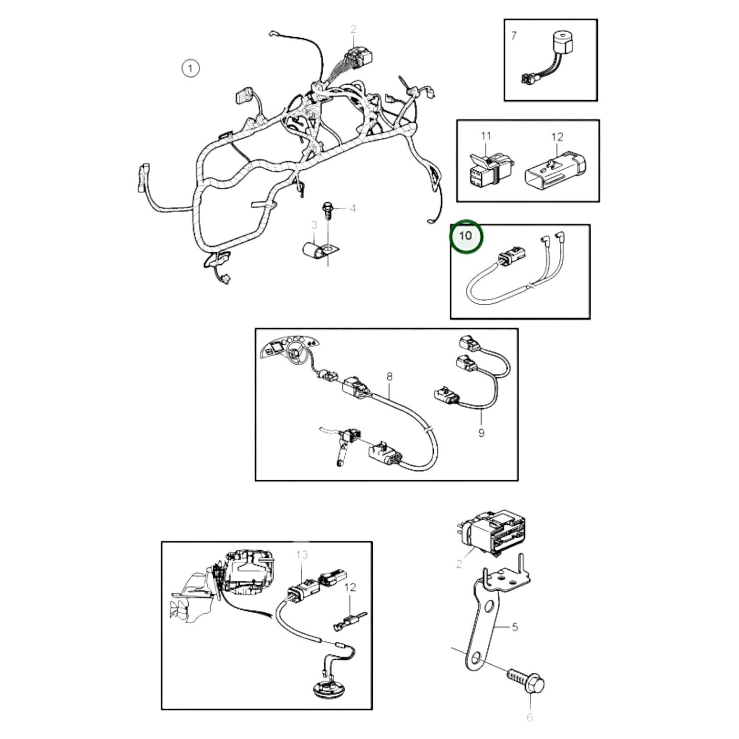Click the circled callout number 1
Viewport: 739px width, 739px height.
click(x=190, y=68)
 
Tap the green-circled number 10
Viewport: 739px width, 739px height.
click(x=465, y=236)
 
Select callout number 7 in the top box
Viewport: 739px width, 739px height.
click(x=514, y=36)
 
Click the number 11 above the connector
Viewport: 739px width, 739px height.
click(x=486, y=136)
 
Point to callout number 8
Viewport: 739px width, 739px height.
click(x=390, y=377)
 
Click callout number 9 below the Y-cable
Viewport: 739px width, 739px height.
click(x=481, y=433)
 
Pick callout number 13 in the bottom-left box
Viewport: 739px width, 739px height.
click(x=302, y=555)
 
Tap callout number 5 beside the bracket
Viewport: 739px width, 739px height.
click(x=515, y=626)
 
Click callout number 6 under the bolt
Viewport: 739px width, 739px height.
click(x=530, y=718)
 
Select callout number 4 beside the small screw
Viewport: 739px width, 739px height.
click(x=352, y=208)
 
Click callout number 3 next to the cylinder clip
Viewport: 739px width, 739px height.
click(x=314, y=225)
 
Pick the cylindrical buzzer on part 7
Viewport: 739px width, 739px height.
click(x=562, y=44)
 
